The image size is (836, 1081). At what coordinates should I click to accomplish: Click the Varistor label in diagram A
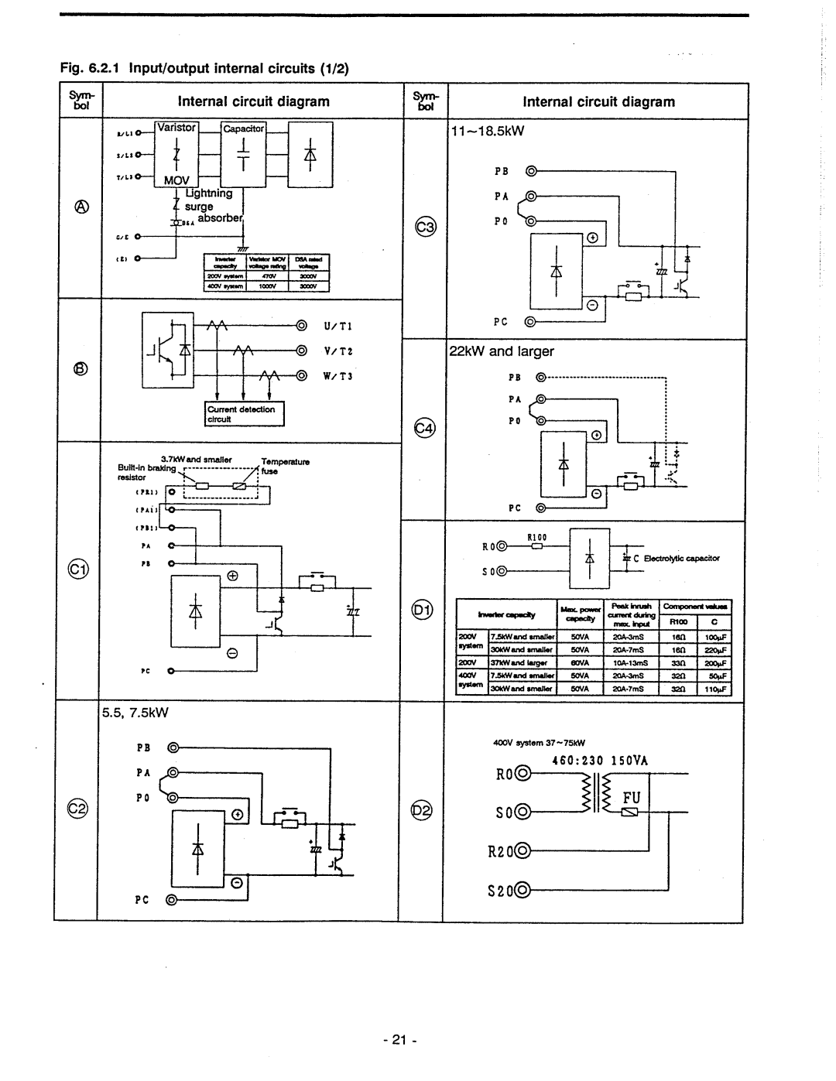tap(178, 127)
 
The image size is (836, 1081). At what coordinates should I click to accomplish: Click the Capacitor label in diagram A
tap(244, 128)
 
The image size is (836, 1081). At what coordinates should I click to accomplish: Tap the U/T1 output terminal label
tap(334, 327)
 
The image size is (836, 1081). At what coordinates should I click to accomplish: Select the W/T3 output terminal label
tap(334, 377)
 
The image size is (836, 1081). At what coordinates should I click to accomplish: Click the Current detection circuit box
tap(245, 413)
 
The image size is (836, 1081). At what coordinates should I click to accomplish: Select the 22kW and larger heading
tap(502, 351)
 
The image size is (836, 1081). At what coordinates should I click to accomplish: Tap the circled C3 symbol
tap(425, 227)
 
